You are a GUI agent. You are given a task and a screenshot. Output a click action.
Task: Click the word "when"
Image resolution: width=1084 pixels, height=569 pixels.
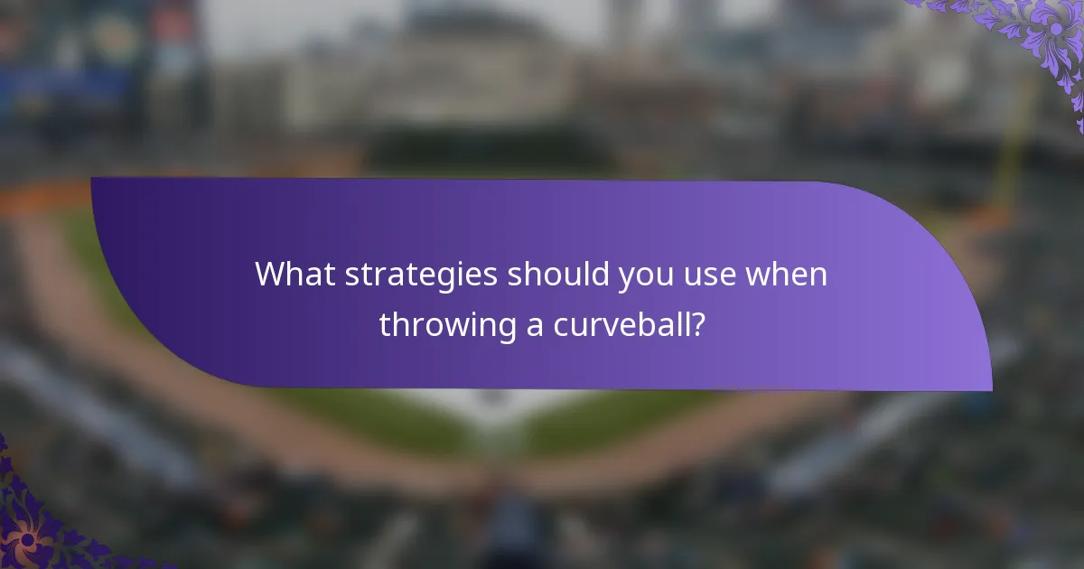tap(785, 275)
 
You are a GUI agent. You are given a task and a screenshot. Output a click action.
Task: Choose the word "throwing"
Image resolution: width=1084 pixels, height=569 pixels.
tap(447, 324)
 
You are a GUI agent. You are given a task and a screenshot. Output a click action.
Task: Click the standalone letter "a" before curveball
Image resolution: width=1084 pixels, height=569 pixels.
tap(536, 326)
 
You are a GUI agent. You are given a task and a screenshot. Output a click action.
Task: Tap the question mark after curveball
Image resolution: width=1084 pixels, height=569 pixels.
tap(696, 324)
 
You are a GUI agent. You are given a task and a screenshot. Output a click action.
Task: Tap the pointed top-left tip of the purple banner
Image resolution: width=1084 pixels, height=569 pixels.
tap(93, 180)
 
